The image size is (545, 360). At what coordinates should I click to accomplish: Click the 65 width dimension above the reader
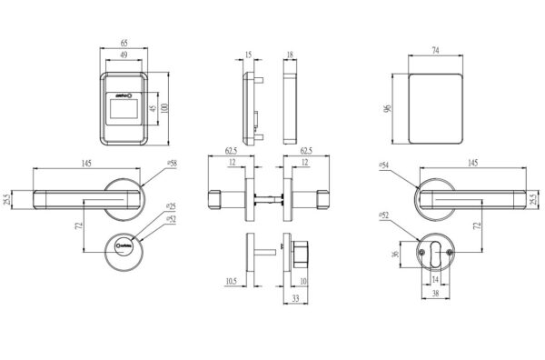pyautogui.click(x=123, y=43)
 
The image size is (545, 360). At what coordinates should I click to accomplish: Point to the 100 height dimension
pyautogui.click(x=165, y=107)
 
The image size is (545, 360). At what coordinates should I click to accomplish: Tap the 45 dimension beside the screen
pyautogui.click(x=151, y=112)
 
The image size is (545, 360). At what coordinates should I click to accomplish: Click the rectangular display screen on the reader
pyautogui.click(x=123, y=114)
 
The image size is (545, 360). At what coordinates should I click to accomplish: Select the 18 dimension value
pyautogui.click(x=290, y=55)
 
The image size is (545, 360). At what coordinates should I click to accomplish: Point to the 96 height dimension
pyautogui.click(x=388, y=107)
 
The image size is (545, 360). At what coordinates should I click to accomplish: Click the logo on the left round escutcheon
pyautogui.click(x=124, y=245)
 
